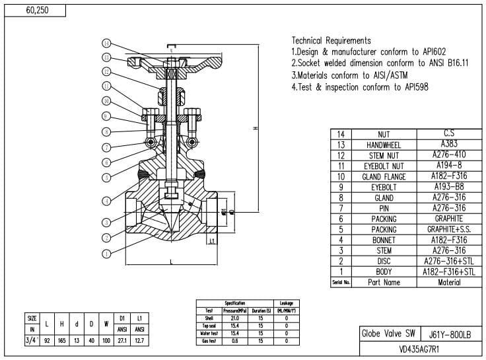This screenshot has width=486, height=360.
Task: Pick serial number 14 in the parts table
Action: click(341, 134)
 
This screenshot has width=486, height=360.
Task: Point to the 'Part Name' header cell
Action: click(383, 282)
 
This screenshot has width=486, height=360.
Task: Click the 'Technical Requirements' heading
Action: click(331, 40)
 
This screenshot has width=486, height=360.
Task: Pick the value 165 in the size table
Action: click(62, 340)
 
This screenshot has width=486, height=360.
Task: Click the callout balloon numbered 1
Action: click(106, 253)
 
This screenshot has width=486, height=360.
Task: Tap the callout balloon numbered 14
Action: click(106, 43)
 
